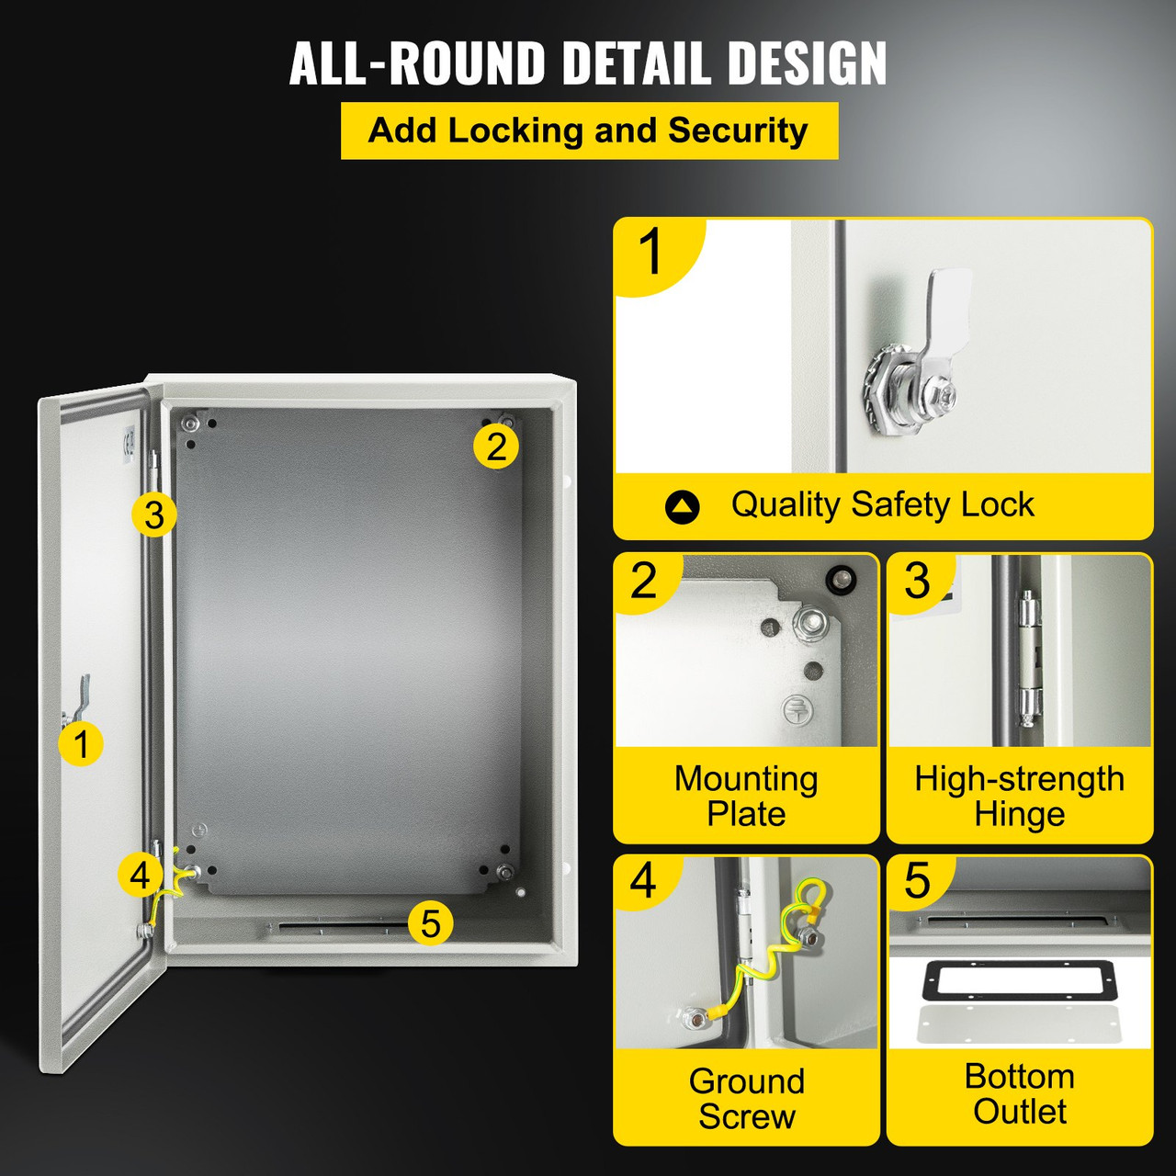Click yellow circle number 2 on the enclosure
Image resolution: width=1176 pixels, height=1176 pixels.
pos(496,447)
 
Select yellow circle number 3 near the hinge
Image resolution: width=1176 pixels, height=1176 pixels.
pos(153,515)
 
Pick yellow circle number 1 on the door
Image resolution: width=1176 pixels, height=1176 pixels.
pos(81,743)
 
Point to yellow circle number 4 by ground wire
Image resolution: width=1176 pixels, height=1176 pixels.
pos(140,875)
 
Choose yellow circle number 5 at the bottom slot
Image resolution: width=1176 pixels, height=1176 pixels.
pos(430,922)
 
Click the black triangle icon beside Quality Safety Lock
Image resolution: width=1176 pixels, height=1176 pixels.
pos(682,506)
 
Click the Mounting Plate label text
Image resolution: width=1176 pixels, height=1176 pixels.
pos(746,796)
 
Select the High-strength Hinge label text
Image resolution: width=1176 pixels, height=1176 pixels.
pos(1019,796)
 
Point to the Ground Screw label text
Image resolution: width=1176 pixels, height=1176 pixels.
pos(746,1098)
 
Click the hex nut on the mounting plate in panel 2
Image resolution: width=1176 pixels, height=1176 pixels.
pos(813,626)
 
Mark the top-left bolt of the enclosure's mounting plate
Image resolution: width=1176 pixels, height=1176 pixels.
pos(190,424)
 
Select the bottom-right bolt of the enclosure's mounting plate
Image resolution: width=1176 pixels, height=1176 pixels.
pos(503,871)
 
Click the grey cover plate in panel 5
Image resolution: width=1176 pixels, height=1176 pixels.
pos(1019,1025)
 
